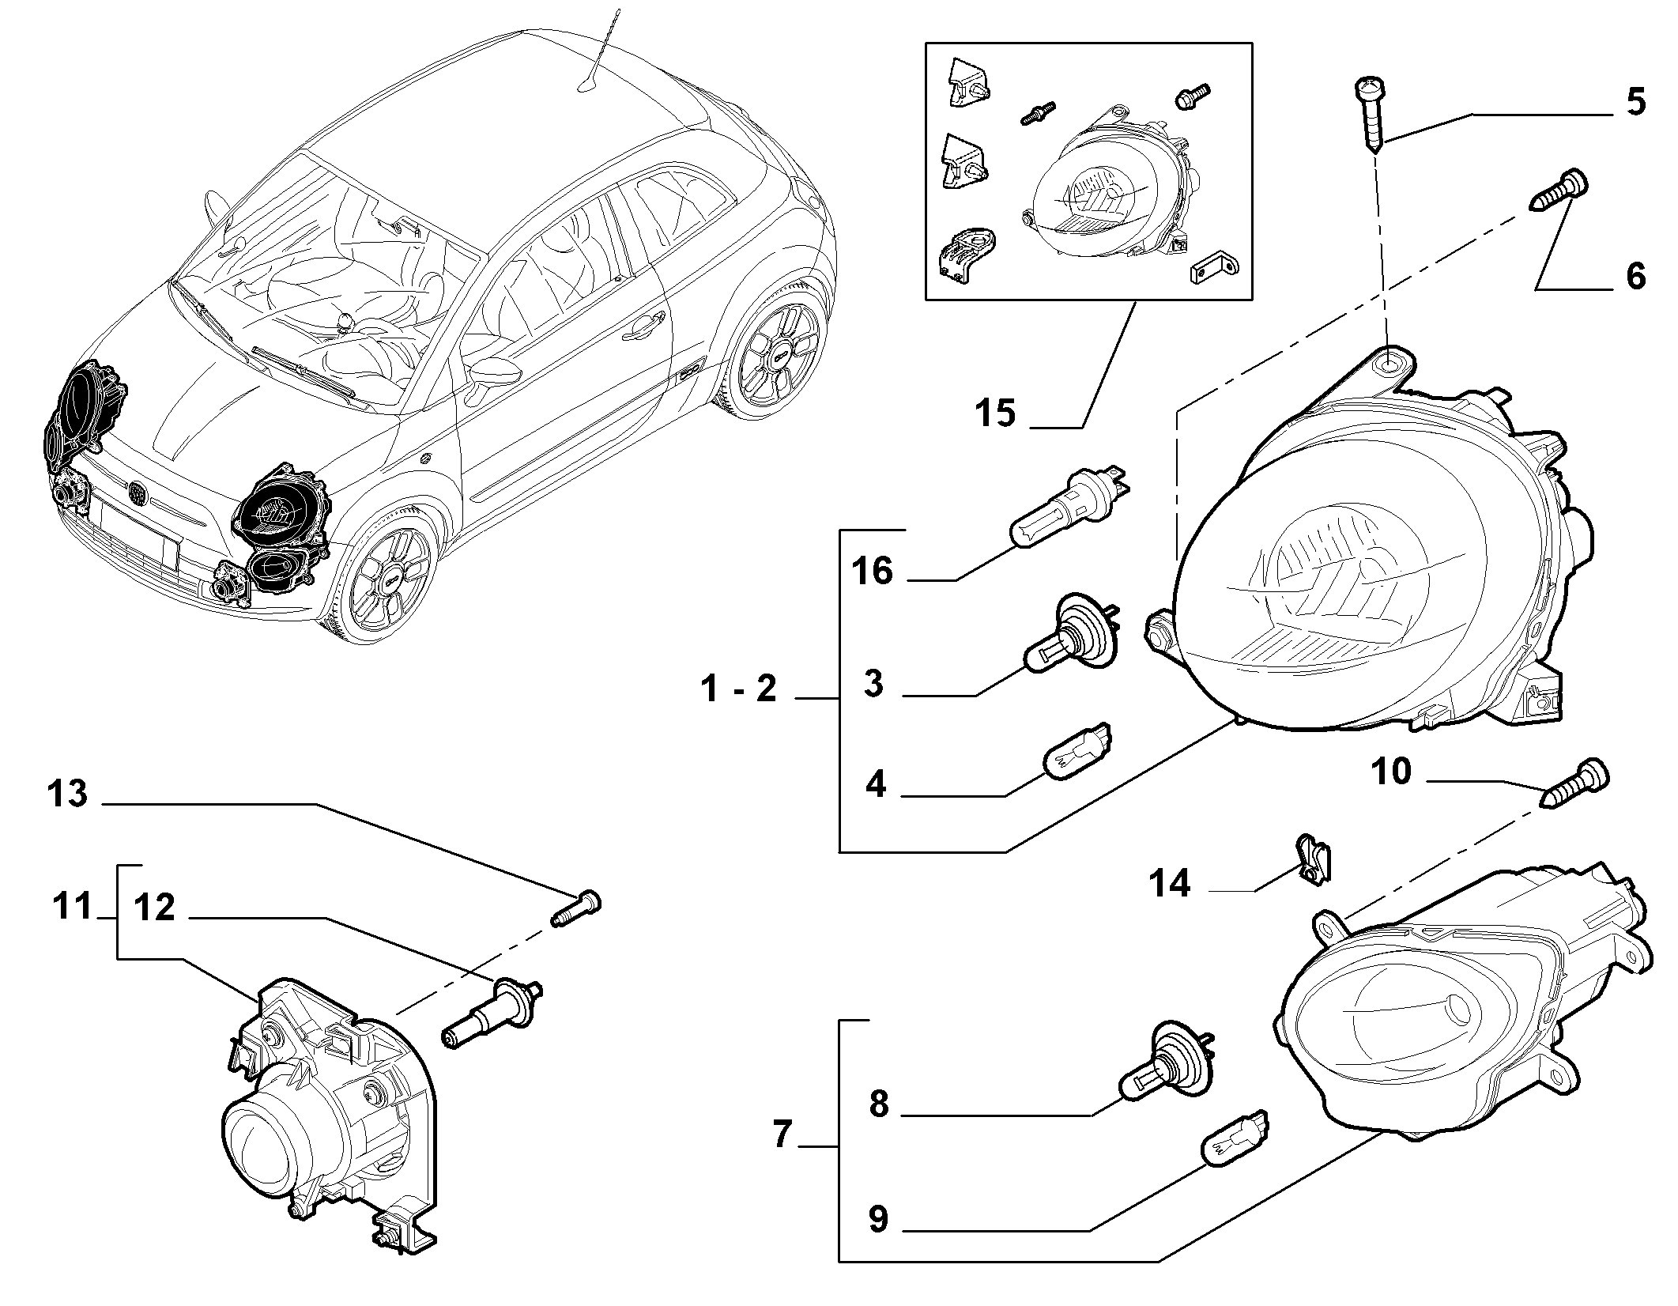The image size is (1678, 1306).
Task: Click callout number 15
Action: pos(994,413)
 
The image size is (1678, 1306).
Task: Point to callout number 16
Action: pos(873,570)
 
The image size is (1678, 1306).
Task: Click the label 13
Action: pos(67,793)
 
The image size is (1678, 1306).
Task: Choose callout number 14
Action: pos(1169,883)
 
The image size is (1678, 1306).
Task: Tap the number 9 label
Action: pos(878,1219)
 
